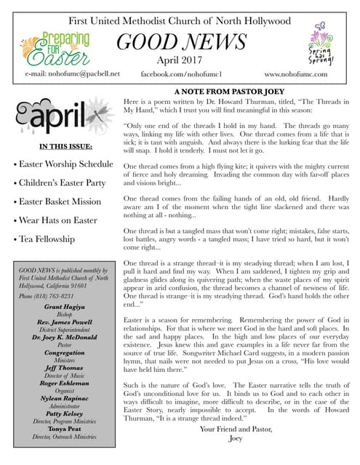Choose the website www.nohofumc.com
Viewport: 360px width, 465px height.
(296, 74)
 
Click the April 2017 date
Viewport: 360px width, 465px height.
(180, 61)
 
